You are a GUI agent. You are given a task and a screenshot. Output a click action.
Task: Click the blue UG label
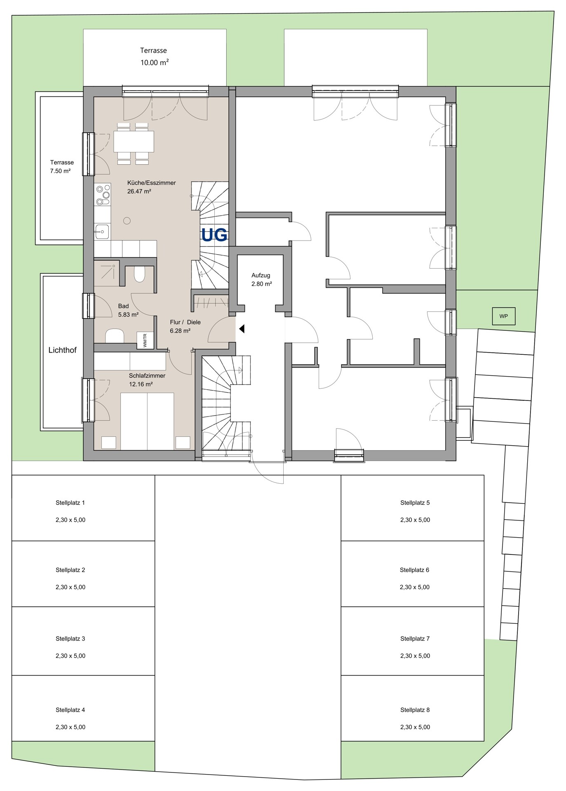[x=214, y=235]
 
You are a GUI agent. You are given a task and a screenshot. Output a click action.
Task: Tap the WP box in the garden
[x=503, y=316]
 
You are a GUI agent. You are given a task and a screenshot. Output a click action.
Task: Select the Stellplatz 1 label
[x=70, y=503]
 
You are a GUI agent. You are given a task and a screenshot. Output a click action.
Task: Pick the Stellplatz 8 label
[x=415, y=710]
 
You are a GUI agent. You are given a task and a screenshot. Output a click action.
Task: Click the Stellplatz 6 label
[x=414, y=570]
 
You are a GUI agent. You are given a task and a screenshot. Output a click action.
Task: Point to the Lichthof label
[x=63, y=350]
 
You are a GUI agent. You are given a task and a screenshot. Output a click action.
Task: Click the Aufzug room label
[x=261, y=275]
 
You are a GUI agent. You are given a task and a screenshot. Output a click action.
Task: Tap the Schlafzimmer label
[x=147, y=376]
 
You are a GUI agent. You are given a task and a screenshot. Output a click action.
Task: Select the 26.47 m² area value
[x=139, y=191]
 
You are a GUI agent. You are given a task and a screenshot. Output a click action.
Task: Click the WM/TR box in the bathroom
[x=145, y=340]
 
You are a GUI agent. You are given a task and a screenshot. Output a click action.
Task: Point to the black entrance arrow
[x=242, y=329]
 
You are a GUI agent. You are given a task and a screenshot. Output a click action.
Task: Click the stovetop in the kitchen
[x=103, y=194]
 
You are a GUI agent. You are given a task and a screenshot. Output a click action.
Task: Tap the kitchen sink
[x=102, y=232]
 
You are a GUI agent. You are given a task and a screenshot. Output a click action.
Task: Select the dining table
[x=134, y=141]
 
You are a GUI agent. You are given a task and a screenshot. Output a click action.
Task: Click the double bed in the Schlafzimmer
[x=147, y=421]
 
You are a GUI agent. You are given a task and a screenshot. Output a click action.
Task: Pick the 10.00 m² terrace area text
[x=155, y=63]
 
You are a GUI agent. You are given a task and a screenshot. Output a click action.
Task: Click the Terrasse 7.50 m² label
[x=62, y=166]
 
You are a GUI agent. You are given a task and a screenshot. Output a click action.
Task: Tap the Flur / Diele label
[x=185, y=322]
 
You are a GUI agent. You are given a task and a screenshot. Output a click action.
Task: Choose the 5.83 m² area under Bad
[x=128, y=314]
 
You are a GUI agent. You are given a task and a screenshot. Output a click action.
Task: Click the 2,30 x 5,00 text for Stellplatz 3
[x=70, y=656]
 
